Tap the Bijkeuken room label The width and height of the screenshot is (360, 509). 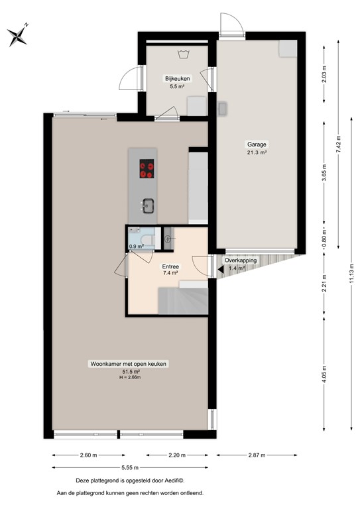[178, 78]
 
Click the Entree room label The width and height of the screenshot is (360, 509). [170, 266]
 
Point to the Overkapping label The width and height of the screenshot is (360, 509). [240, 260]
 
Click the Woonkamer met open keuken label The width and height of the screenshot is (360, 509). [129, 363]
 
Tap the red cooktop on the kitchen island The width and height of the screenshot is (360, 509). [147, 170]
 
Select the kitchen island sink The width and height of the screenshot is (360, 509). [147, 206]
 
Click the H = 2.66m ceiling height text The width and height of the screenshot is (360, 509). [129, 378]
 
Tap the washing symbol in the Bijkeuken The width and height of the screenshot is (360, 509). [183, 55]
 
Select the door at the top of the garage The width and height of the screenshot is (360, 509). [229, 24]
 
